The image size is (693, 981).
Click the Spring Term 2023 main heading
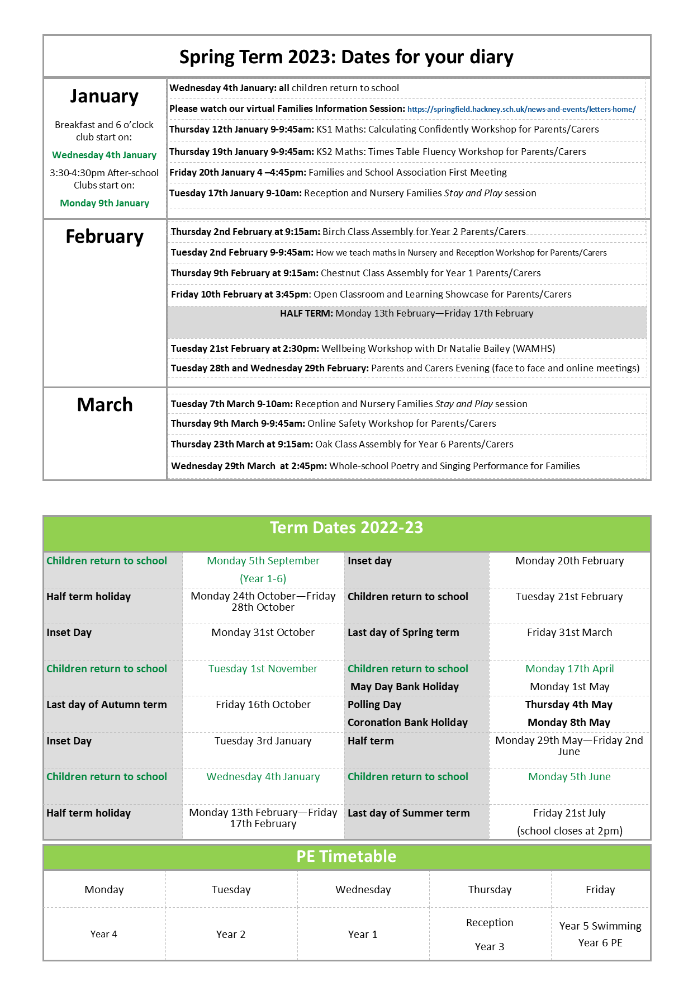pos(346,57)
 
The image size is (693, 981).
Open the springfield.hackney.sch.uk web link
pos(521,110)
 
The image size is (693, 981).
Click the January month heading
pos(105,96)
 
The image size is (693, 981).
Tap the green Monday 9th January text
pos(105,203)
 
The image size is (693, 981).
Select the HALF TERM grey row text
pos(406,314)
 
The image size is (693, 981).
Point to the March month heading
pos(105,404)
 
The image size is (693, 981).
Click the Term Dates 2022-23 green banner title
pos(346,527)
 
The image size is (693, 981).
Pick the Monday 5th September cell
pos(263,561)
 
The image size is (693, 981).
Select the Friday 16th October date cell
pos(263,705)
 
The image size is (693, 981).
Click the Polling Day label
pos(374,705)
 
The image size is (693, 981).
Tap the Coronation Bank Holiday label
pos(407,723)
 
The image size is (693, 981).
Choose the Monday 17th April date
pos(569,669)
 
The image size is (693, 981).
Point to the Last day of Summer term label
pos(409,813)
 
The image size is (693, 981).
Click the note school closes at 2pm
pos(569,831)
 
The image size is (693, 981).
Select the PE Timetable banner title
pos(346,856)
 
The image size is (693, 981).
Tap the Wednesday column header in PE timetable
pos(363,890)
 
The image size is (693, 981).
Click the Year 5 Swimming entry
pos(600,926)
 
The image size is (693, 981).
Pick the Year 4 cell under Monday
pos(104,934)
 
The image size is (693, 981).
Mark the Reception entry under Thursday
pos(490,923)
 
